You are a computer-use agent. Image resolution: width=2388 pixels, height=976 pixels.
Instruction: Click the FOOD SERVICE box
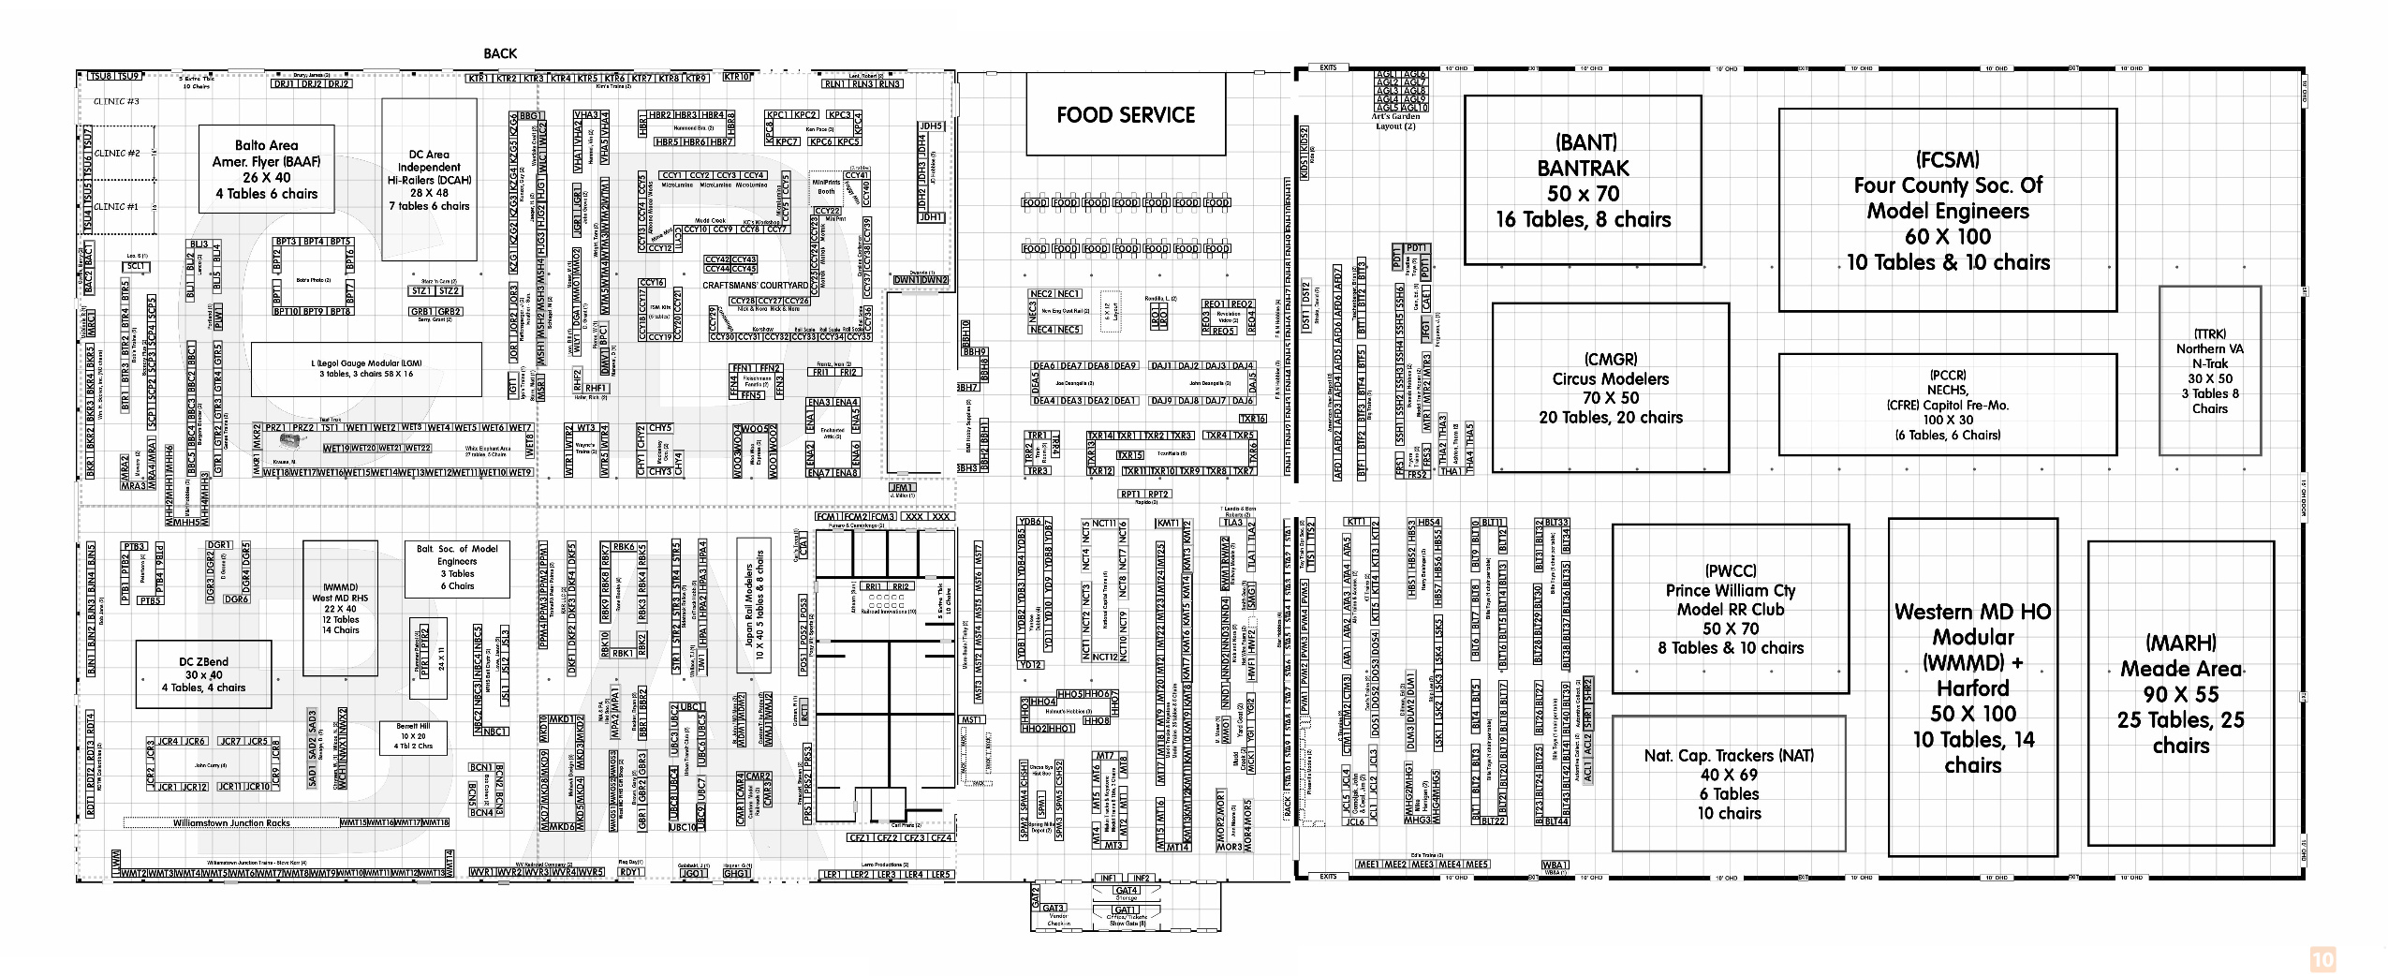click(1125, 114)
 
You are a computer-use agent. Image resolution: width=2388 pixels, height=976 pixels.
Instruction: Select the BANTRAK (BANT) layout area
click(1582, 180)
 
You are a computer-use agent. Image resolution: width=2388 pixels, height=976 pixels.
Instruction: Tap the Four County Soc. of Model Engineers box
click(1947, 210)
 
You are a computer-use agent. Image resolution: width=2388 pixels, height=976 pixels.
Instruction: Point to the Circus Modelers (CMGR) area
click(1610, 388)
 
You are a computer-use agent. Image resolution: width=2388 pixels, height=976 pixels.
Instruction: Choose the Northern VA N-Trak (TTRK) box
click(2209, 371)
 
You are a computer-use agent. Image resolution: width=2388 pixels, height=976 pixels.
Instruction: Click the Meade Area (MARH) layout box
click(2180, 693)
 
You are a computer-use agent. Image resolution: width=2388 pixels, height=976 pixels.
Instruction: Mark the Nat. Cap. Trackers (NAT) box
click(1728, 783)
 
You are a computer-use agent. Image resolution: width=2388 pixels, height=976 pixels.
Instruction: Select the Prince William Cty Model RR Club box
click(1730, 609)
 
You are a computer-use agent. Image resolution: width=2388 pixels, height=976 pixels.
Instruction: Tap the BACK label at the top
click(500, 53)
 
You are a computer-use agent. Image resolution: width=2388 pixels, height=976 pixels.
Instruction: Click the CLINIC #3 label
click(116, 101)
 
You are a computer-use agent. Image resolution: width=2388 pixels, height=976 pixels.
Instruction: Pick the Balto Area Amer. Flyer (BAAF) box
click(266, 169)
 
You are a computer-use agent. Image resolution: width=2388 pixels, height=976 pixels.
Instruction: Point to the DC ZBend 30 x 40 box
click(203, 673)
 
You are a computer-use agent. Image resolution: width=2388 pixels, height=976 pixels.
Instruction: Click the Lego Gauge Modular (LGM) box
click(366, 368)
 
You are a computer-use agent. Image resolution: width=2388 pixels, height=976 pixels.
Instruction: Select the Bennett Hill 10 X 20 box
click(413, 736)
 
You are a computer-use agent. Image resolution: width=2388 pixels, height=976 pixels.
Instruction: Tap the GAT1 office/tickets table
click(1126, 909)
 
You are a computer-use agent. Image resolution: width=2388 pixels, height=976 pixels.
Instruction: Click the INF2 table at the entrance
click(1141, 879)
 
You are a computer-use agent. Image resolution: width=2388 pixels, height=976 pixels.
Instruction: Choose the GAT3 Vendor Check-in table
click(1054, 908)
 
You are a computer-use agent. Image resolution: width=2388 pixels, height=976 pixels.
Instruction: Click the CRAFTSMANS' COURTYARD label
click(755, 286)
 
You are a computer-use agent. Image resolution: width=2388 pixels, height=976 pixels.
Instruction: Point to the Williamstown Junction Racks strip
click(231, 823)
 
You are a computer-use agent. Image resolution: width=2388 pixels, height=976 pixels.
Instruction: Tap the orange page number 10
click(2323, 960)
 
